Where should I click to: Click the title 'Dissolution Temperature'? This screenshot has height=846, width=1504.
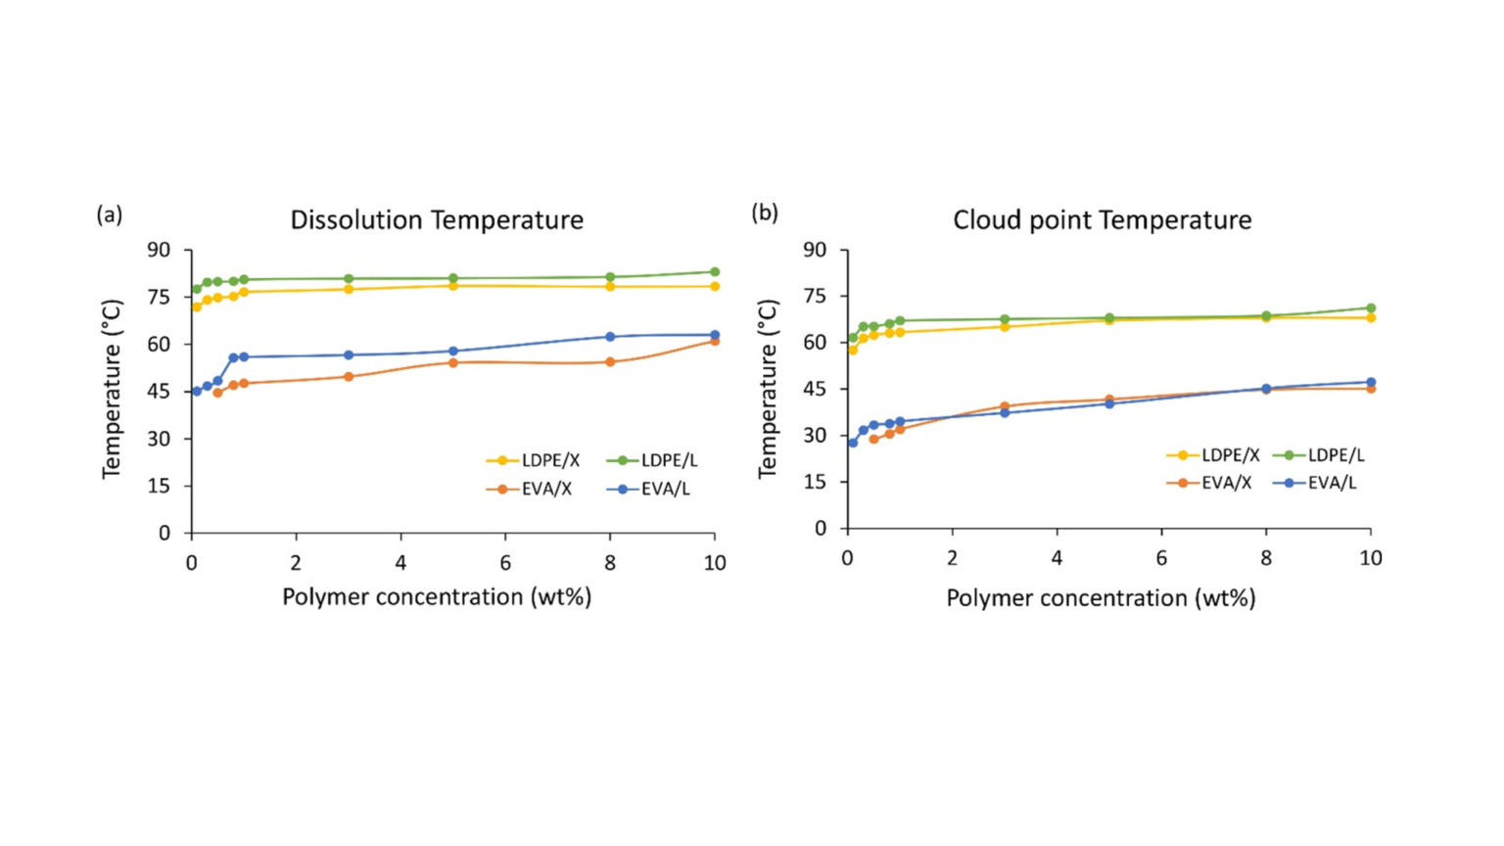[437, 220]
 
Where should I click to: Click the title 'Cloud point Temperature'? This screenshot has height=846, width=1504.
[1102, 220]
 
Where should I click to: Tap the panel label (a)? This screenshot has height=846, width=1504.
[110, 214]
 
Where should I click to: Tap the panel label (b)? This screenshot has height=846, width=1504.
[765, 212]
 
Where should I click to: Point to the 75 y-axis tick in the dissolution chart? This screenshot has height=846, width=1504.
[158, 297]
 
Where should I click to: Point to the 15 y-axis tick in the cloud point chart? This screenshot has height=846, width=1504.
[814, 482]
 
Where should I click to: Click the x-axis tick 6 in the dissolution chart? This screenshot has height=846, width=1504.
[505, 563]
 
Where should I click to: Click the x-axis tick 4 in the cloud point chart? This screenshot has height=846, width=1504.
[1057, 558]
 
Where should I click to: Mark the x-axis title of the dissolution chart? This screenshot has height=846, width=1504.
[437, 597]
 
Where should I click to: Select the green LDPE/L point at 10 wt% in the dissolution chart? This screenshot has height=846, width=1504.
[715, 272]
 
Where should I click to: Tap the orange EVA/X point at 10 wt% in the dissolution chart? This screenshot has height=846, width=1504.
[715, 341]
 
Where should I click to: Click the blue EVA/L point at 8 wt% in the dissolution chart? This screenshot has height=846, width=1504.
[610, 337]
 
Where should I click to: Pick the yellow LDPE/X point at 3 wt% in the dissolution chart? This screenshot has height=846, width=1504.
[349, 289]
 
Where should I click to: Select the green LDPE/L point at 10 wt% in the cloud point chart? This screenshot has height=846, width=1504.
[1371, 308]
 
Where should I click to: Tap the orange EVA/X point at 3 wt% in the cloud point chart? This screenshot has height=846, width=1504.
[1005, 406]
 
